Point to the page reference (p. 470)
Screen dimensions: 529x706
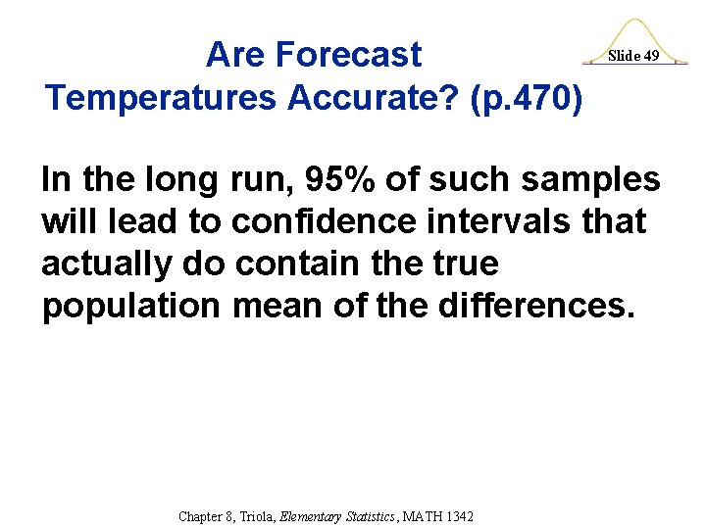(x=529, y=97)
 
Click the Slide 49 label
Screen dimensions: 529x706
(x=633, y=56)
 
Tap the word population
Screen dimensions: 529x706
(x=131, y=307)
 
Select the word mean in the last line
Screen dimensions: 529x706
(x=279, y=307)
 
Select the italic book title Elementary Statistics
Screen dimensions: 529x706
(x=339, y=516)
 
